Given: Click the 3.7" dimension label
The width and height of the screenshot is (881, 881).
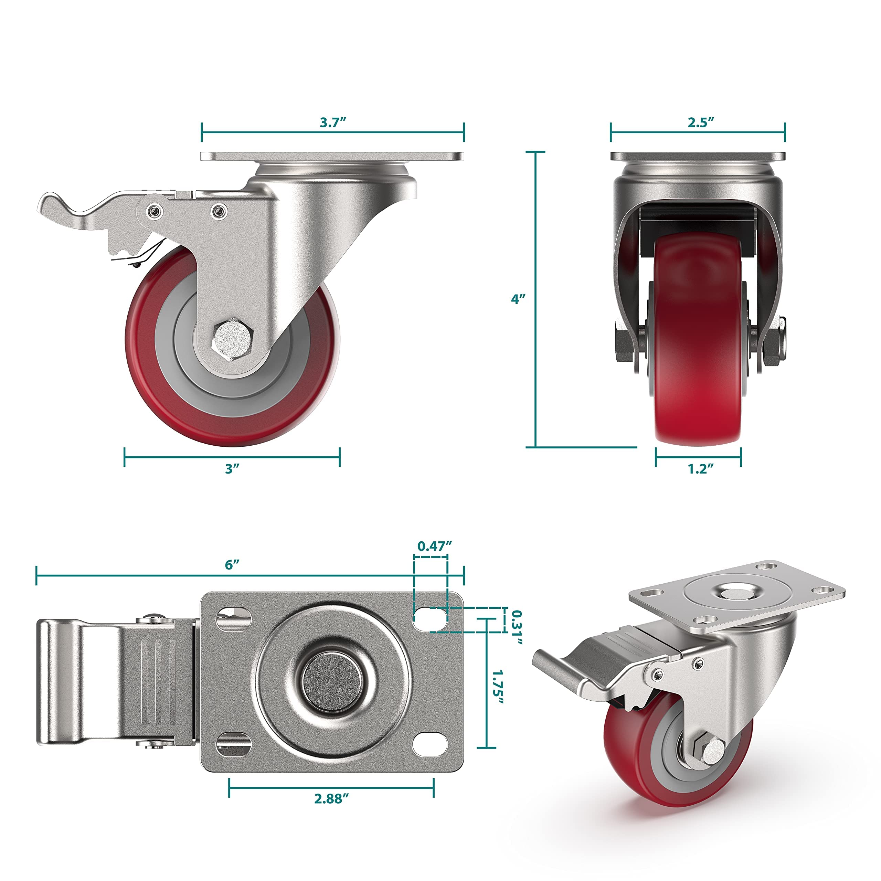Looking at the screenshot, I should pos(332,123).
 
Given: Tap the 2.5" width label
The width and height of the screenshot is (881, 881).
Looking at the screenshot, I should pos(700,123).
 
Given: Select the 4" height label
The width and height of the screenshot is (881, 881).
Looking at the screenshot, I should pos(518,299).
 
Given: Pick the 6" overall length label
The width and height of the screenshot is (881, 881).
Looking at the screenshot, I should pos(232,564).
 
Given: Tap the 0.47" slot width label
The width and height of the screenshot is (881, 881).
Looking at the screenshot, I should pos(434,546).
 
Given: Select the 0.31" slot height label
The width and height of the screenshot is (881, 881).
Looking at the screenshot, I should pos(516,627).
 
